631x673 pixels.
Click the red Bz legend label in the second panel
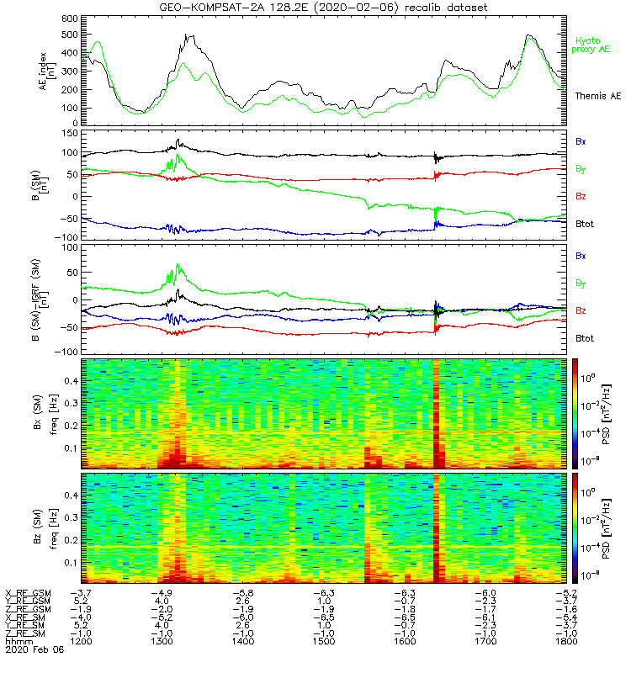pos(581,195)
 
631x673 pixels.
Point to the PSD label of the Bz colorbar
pos(617,527)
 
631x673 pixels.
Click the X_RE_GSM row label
pos(28,593)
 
